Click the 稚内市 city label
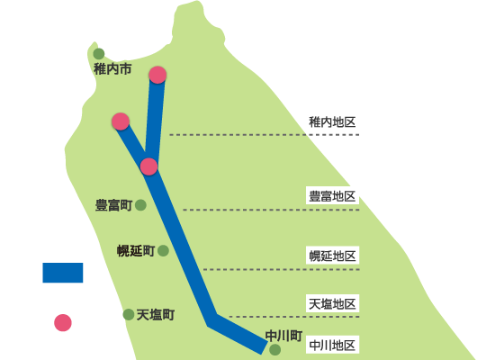(x=112, y=69)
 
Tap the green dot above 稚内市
(x=99, y=54)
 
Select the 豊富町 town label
(x=114, y=205)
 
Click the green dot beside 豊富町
(x=140, y=205)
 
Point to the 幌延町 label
(x=136, y=251)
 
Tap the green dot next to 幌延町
(x=163, y=251)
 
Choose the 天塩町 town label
(x=156, y=315)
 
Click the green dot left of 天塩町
(x=129, y=314)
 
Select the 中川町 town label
(x=284, y=336)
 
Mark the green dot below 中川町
(x=275, y=350)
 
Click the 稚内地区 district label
(x=332, y=122)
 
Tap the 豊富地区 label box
(x=332, y=195)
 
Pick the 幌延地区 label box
(x=332, y=256)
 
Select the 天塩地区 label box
(x=332, y=303)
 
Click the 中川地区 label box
(x=332, y=345)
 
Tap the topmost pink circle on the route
(x=157, y=76)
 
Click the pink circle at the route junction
(x=148, y=166)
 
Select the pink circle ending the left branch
(x=121, y=121)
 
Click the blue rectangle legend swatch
(x=63, y=273)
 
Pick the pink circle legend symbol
(x=63, y=323)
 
